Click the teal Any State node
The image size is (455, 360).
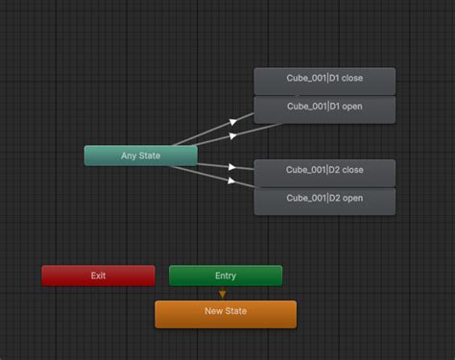pyautogui.click(x=140, y=156)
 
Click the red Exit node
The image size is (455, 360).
pyautogui.click(x=98, y=276)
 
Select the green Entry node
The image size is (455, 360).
pyautogui.click(x=226, y=276)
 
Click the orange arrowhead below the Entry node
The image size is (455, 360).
pyautogui.click(x=223, y=294)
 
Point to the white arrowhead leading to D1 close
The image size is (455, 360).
pyautogui.click(x=233, y=122)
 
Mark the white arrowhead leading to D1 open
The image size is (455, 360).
pyautogui.click(x=233, y=135)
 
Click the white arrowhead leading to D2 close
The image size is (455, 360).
pyautogui.click(x=232, y=166)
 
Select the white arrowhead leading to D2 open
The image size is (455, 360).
pyautogui.click(x=232, y=179)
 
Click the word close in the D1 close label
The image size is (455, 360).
pyautogui.click(x=351, y=79)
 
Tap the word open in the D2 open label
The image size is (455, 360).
pyautogui.click(x=352, y=199)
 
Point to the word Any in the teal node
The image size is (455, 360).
pyautogui.click(x=130, y=156)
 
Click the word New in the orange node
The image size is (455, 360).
pyautogui.click(x=214, y=311)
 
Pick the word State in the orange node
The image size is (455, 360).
pyautogui.click(x=236, y=311)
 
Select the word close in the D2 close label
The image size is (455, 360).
pyautogui.click(x=351, y=170)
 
